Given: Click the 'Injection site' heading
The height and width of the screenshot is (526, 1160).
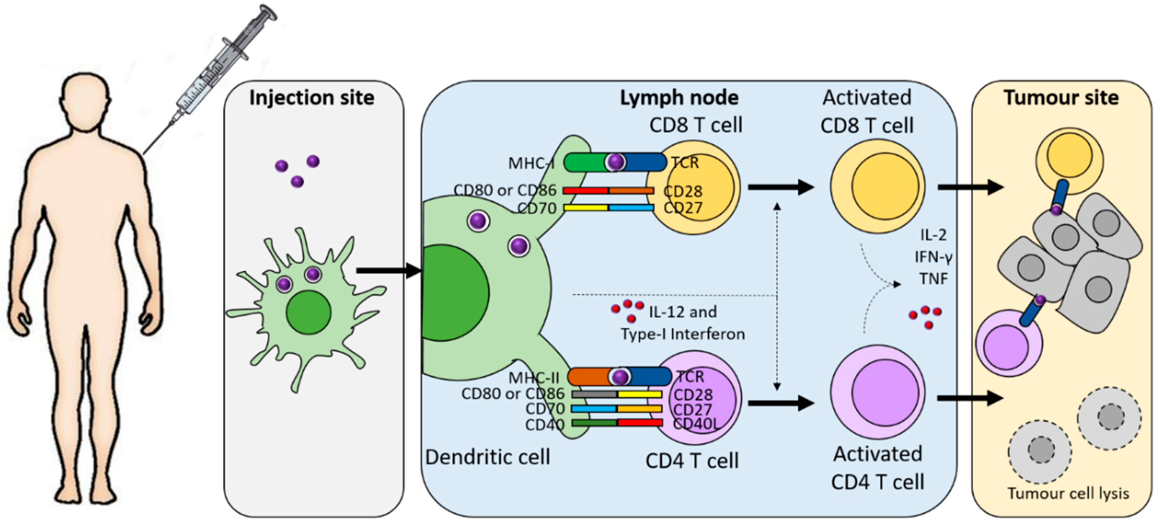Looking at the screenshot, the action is coord(312,98).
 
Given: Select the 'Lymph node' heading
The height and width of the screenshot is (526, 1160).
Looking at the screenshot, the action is coord(679,98).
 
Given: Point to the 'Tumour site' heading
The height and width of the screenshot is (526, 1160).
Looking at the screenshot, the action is coord(1061,98).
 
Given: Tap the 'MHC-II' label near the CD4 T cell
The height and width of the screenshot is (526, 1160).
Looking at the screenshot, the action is coord(534,377).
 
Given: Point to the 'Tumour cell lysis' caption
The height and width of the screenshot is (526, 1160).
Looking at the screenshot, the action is coord(1068,494).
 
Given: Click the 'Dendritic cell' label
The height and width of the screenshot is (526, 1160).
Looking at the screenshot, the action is coord(488,457).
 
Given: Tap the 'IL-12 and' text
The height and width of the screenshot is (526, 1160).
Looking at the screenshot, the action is coord(683,312).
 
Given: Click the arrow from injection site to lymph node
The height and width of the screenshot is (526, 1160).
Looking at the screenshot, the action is coord(389,271).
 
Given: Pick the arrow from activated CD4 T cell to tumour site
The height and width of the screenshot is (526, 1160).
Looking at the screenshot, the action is coord(970,398).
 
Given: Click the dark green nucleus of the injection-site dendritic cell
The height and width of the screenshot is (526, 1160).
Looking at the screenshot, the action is coord(308,312).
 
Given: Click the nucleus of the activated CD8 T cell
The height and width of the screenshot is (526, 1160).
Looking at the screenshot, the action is coord(885,186).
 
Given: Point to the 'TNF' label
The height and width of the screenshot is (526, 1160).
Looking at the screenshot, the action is coord(934,279).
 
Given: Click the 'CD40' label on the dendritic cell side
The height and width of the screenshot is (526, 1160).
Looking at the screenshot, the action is coord(545,425).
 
